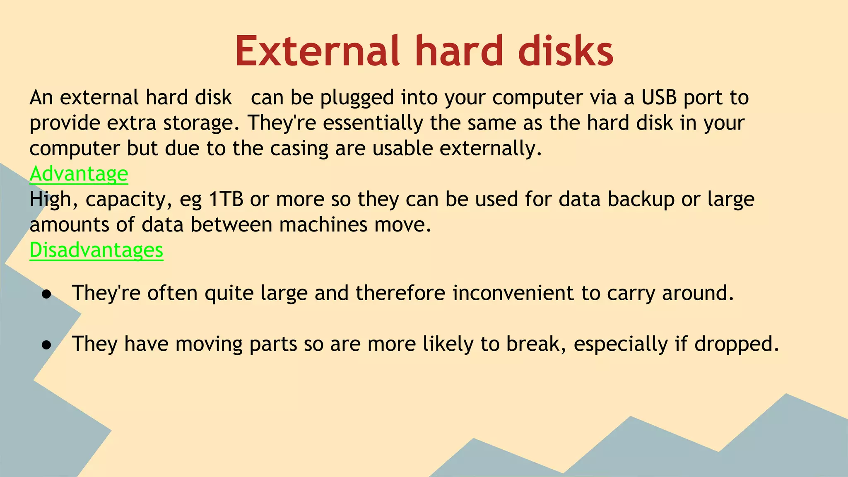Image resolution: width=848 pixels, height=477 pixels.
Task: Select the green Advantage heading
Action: click(x=79, y=173)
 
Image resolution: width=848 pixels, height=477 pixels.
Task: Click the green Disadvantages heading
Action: click(x=96, y=250)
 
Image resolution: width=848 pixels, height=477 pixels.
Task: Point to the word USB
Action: click(x=659, y=98)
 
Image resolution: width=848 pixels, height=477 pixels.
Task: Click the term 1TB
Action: click(x=226, y=199)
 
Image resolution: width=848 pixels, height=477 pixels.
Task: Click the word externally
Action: click(x=491, y=148)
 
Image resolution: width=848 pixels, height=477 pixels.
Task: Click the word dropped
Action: click(x=737, y=344)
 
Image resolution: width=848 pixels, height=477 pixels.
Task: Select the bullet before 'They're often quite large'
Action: click(x=46, y=294)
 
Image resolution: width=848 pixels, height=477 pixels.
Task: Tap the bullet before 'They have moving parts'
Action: click(x=46, y=345)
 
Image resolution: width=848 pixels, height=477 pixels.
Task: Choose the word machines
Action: click(x=323, y=225)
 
